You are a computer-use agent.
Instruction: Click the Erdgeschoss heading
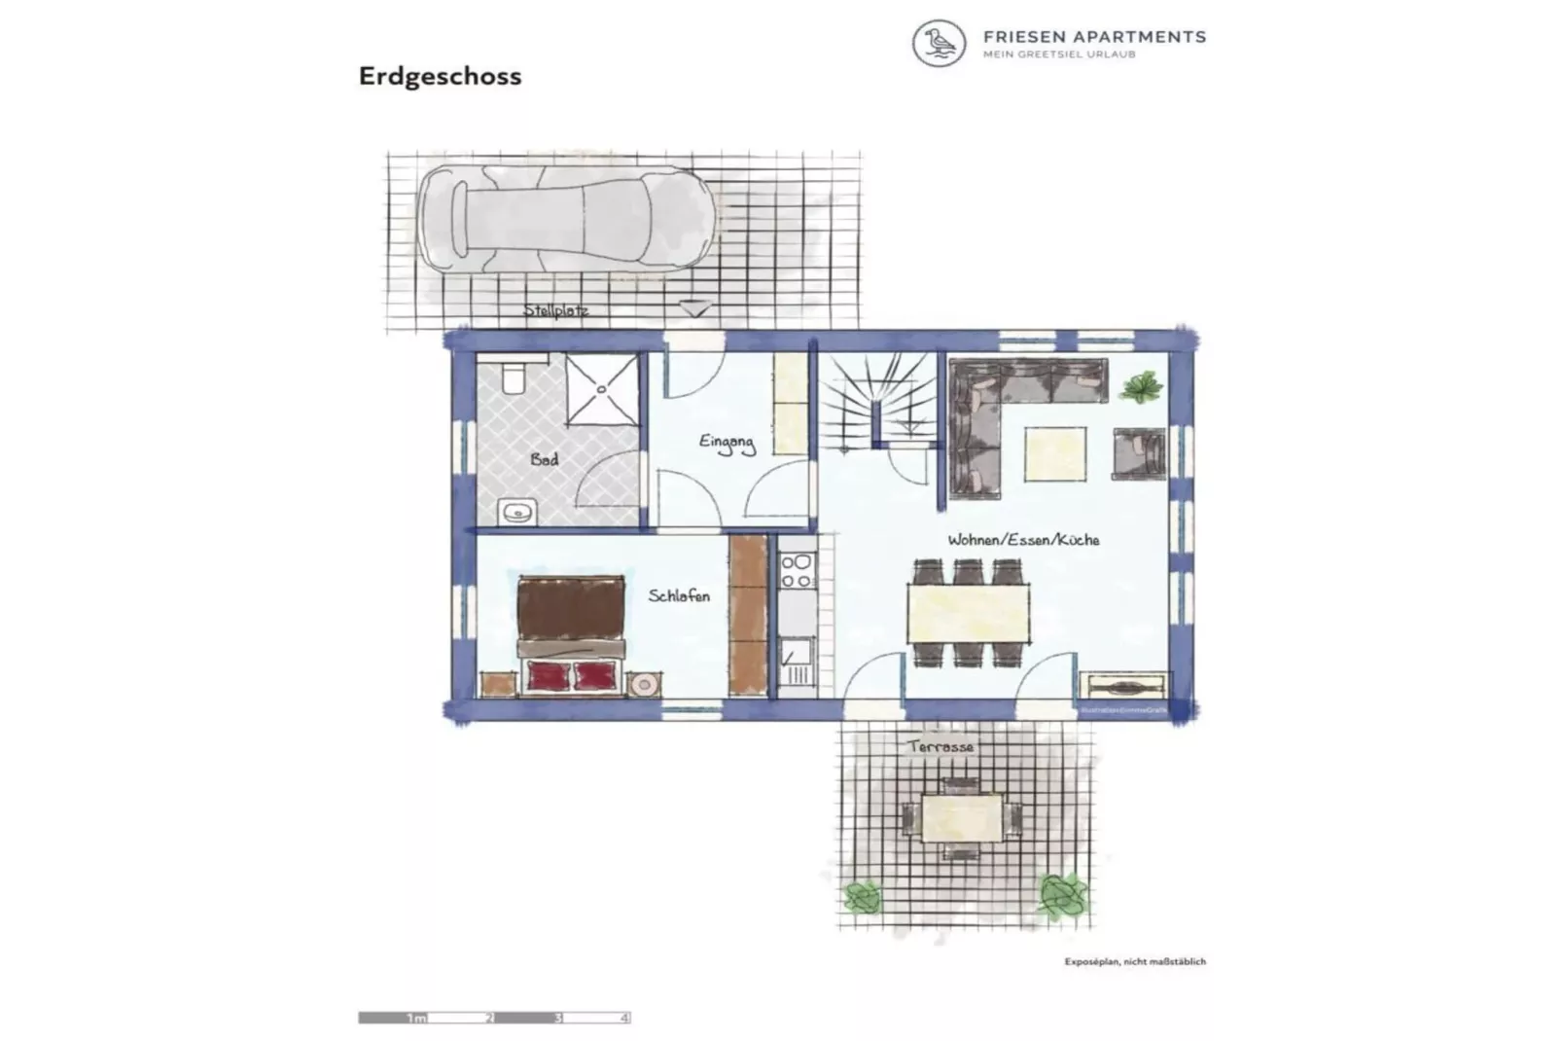[x=440, y=76]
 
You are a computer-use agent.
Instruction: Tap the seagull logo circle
[x=939, y=44]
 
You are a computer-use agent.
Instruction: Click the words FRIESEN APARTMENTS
[x=1094, y=37]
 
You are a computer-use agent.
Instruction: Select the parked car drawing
[x=567, y=218]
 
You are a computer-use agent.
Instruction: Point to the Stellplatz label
[x=555, y=310]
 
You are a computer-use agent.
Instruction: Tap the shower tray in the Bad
[x=602, y=389]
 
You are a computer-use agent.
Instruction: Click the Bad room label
[x=545, y=458]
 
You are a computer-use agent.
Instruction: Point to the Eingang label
[x=727, y=444]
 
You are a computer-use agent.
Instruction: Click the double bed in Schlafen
[x=571, y=633]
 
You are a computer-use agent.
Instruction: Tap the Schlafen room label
[x=679, y=595]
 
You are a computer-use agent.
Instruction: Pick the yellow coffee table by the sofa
[x=1055, y=454]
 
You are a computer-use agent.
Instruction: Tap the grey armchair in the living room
[x=1138, y=453]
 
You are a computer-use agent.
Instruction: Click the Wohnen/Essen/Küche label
[x=1023, y=539]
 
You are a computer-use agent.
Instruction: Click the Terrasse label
[x=941, y=746]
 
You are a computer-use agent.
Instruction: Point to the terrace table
[x=961, y=818]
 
